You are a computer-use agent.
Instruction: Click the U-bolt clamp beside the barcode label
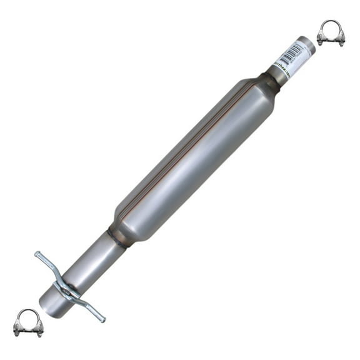pos(331,33)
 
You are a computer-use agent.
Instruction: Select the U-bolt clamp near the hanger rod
pos(28,322)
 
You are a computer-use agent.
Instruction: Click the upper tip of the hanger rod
pos(38,254)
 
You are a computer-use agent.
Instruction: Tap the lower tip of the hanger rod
pos(102,319)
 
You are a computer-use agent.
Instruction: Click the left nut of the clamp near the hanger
pos(18,331)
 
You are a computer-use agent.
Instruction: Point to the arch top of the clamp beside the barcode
pos(331,24)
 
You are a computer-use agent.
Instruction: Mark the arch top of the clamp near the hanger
pos(28,313)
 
